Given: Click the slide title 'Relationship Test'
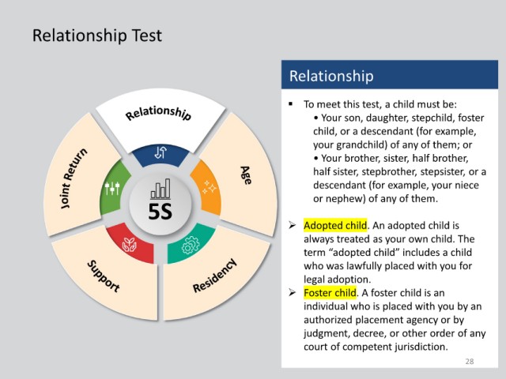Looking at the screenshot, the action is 96,36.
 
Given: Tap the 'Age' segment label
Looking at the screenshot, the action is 246,175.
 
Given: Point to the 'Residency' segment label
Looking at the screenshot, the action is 214,276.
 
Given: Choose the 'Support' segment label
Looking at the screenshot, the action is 104,276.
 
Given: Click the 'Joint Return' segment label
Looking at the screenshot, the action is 74,178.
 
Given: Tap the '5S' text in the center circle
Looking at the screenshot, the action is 160,212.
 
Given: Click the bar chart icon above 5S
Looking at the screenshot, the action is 160,189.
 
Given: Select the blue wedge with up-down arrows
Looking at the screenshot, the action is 160,155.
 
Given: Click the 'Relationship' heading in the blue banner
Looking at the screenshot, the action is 331,76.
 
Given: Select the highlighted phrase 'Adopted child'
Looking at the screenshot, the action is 335,225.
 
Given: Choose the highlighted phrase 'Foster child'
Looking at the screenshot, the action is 330,293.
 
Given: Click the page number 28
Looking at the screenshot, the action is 470,362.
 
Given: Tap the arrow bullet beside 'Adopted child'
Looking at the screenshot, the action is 292,225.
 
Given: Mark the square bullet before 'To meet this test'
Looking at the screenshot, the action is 291,103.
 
